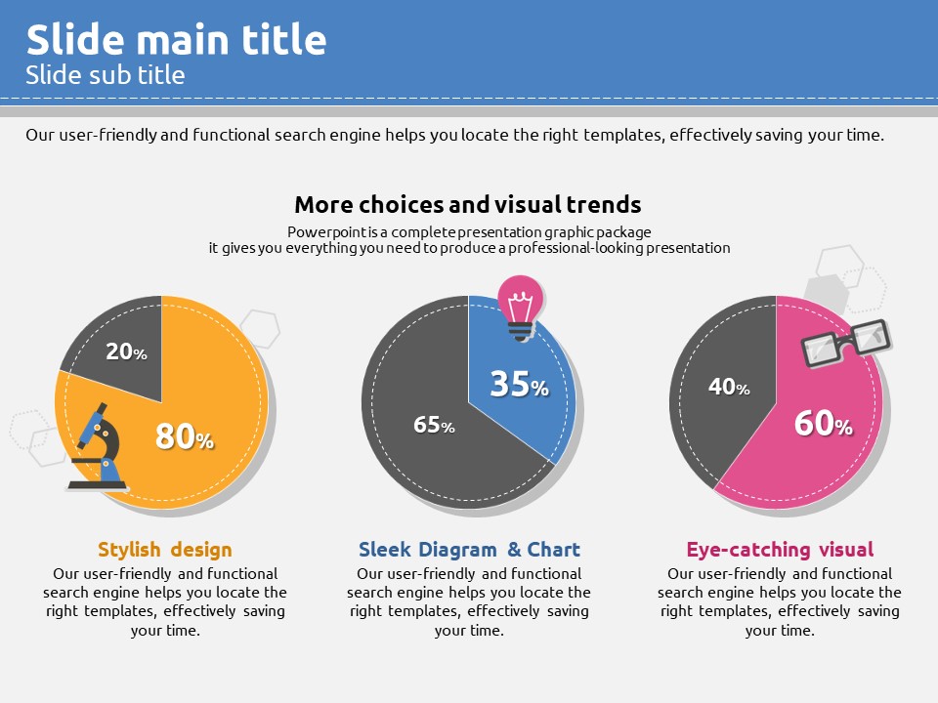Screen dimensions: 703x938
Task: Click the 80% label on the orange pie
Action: pyautogui.click(x=184, y=436)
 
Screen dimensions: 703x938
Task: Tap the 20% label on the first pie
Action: pyautogui.click(x=126, y=351)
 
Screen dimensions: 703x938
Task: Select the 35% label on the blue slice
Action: pyautogui.click(x=519, y=384)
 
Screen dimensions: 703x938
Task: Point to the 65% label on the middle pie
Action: pyautogui.click(x=434, y=425)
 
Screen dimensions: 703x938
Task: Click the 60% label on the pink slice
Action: pyautogui.click(x=823, y=423)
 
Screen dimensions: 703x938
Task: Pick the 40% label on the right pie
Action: pyautogui.click(x=729, y=388)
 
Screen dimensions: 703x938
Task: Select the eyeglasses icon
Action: pyautogui.click(x=845, y=343)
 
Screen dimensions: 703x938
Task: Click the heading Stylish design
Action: pyautogui.click(x=165, y=550)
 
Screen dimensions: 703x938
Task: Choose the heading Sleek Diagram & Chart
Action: pyautogui.click(x=469, y=550)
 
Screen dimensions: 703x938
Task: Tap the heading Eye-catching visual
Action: pyautogui.click(x=780, y=550)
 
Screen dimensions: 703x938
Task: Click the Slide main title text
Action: pyautogui.click(x=176, y=40)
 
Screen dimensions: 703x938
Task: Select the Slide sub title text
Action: pyautogui.click(x=106, y=75)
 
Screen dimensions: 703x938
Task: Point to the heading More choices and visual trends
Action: pyautogui.click(x=468, y=205)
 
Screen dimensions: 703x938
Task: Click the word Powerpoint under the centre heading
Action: pyautogui.click(x=321, y=231)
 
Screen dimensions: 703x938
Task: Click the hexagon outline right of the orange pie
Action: pyautogui.click(x=260, y=328)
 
